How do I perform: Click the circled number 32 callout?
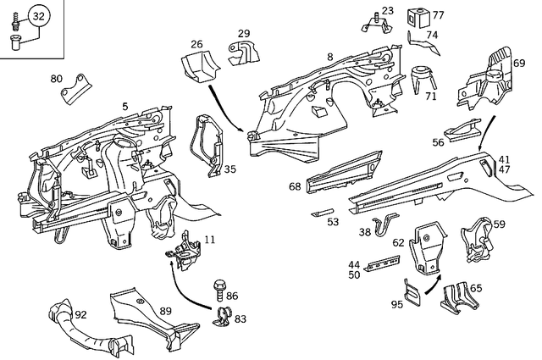[38, 16]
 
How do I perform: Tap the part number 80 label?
[57, 79]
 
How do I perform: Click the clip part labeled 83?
[222, 318]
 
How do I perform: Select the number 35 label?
[230, 169]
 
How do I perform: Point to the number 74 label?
[432, 36]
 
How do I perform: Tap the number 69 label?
[519, 63]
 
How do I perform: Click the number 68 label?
[295, 186]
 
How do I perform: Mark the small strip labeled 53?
[323, 213]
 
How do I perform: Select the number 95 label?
[396, 304]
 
